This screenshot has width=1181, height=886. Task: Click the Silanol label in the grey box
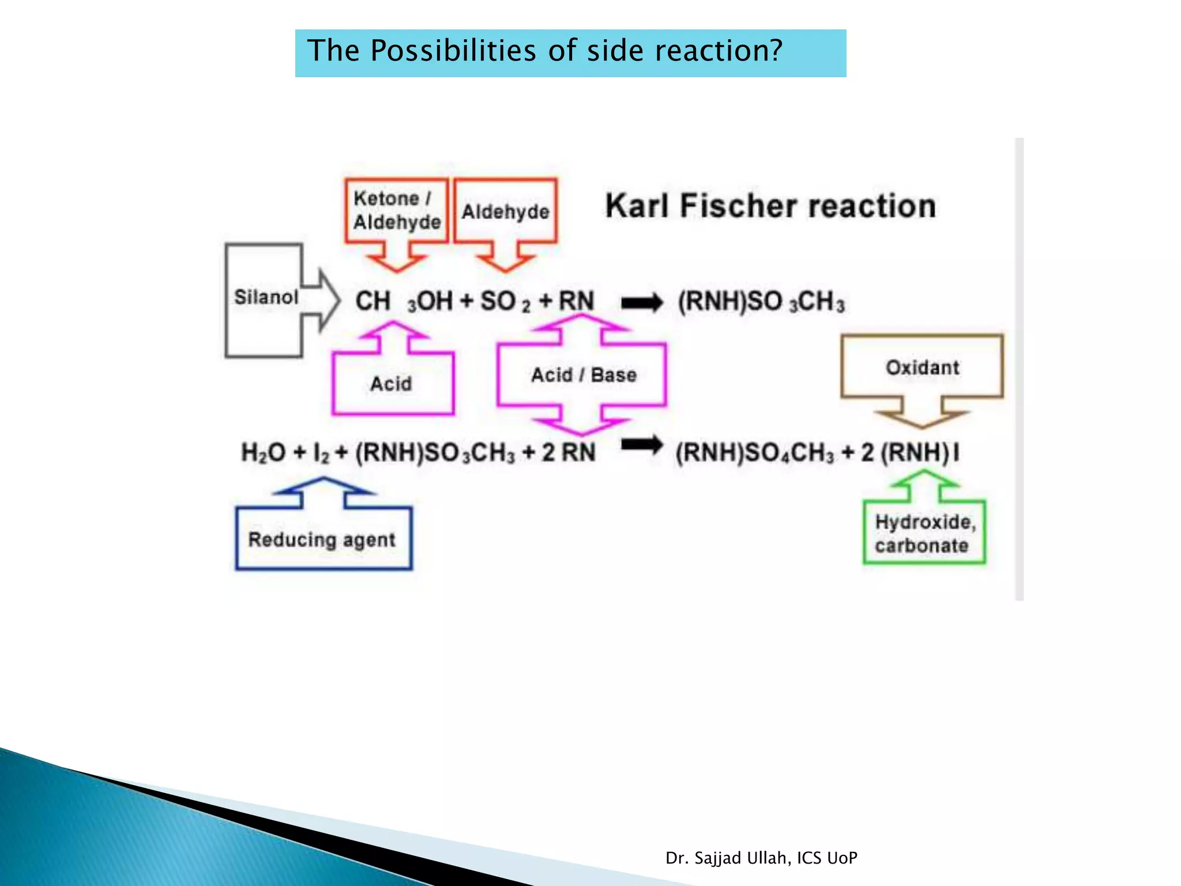pyautogui.click(x=266, y=298)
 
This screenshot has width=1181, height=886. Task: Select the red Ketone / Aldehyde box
pyautogui.click(x=397, y=211)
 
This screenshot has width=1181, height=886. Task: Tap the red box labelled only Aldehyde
pyautogui.click(x=505, y=212)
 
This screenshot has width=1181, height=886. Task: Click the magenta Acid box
pyautogui.click(x=392, y=384)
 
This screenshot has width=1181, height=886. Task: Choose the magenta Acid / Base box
pyautogui.click(x=583, y=375)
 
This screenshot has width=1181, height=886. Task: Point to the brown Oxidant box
pyautogui.click(x=922, y=367)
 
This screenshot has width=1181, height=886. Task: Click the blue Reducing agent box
pyautogui.click(x=322, y=540)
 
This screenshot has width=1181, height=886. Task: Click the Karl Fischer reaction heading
pyautogui.click(x=770, y=207)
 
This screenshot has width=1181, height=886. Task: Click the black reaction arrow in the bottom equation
pyautogui.click(x=642, y=445)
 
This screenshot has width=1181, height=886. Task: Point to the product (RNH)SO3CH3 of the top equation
pyautogui.click(x=761, y=302)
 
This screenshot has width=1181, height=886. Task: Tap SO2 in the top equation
pyautogui.click(x=505, y=302)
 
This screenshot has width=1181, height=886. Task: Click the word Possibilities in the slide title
pyautogui.click(x=453, y=51)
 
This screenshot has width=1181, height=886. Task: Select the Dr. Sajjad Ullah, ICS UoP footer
pyautogui.click(x=761, y=858)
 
